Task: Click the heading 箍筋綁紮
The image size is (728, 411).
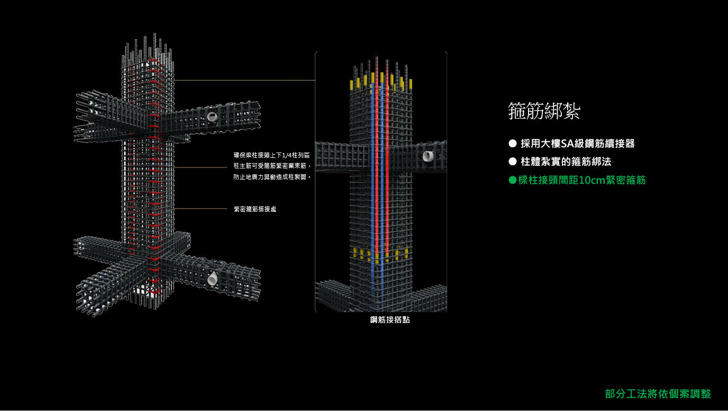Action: (x=544, y=111)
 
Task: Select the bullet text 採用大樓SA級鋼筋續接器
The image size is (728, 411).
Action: (x=577, y=144)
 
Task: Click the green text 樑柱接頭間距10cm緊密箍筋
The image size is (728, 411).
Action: (x=582, y=180)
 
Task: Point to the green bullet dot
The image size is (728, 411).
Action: (x=512, y=180)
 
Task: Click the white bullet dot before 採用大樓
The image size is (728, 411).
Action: (x=512, y=144)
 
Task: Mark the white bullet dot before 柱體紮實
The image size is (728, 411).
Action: (x=512, y=162)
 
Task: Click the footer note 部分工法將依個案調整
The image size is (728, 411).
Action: (x=658, y=394)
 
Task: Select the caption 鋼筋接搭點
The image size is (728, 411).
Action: (x=389, y=320)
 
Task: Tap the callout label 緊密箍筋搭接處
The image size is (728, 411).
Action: (x=254, y=209)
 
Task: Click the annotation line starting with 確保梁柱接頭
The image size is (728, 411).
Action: (x=271, y=155)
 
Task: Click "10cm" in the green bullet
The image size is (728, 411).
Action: (x=592, y=180)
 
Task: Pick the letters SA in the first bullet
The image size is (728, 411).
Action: (x=567, y=144)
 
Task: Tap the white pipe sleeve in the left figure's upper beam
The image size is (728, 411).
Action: (x=212, y=116)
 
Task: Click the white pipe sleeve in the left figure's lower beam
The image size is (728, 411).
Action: (x=212, y=278)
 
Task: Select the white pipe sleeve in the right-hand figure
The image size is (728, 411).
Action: (x=427, y=156)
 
